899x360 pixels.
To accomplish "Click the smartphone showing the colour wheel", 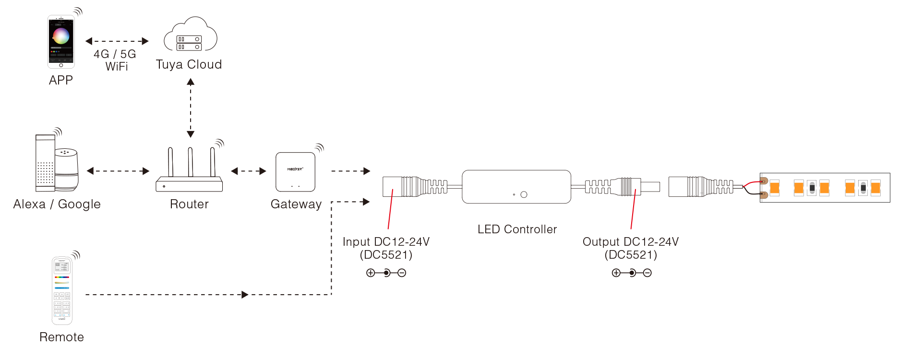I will [61, 42].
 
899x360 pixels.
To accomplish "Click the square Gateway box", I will [295, 172].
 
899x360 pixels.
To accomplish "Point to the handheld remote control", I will [62, 290].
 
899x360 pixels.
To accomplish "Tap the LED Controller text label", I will [517, 229].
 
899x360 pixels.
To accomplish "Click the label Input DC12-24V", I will [386, 241].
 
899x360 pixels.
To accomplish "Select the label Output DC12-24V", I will [630, 241].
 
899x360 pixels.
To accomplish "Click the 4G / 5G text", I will [115, 54].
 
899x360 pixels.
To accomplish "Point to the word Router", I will [189, 204].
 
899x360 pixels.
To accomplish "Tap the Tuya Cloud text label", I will [189, 65].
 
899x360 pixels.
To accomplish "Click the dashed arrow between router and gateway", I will [248, 171].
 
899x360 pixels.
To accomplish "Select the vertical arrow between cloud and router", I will [191, 108].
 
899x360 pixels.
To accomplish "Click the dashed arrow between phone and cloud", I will [117, 41].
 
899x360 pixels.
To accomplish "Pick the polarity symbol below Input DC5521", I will [386, 273].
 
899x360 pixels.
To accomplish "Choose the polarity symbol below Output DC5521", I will [631, 273].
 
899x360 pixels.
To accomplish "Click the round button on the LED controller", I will [524, 194].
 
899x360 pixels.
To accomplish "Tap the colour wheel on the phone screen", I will [61, 36].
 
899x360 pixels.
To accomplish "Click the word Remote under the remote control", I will [62, 337].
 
